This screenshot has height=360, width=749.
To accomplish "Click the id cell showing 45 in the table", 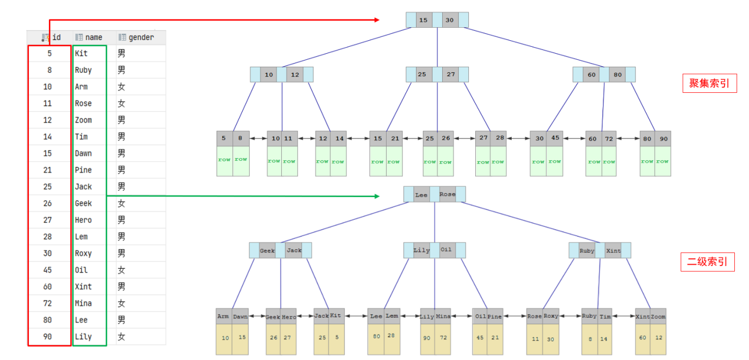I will [x=48, y=270].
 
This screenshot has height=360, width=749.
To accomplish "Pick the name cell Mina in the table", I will [x=83, y=303].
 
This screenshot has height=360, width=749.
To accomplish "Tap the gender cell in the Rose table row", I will [x=122, y=103].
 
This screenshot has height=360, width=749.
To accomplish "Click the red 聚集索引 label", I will [x=709, y=84].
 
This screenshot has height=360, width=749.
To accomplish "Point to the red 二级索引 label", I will [x=707, y=262].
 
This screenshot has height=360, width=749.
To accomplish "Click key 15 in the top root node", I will [x=423, y=20].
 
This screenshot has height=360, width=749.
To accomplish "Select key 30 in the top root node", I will [x=449, y=20].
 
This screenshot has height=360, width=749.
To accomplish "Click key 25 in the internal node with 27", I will [x=422, y=74].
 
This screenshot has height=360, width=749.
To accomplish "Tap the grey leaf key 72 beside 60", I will [x=609, y=138].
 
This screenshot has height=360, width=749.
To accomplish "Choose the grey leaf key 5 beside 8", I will [x=224, y=138].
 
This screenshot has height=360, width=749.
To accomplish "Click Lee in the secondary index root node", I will [x=421, y=194].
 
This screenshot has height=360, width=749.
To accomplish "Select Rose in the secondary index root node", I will [x=448, y=194].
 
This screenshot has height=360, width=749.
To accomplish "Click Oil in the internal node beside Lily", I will [x=446, y=250].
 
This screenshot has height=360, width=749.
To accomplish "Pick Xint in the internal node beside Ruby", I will [x=613, y=250].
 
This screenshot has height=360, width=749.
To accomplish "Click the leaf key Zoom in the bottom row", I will [x=658, y=317].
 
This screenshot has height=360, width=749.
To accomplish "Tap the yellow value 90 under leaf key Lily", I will [x=427, y=338].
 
